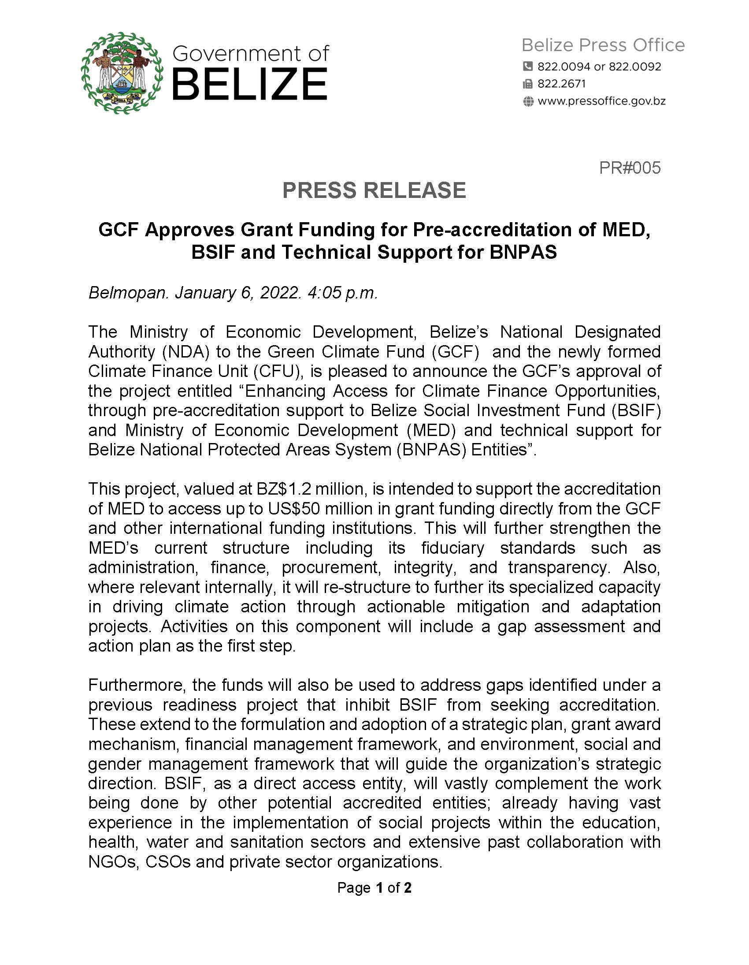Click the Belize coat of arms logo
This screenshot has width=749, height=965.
tap(122, 73)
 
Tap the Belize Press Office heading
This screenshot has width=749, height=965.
tap(603, 45)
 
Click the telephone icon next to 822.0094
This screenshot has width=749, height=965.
tap(527, 66)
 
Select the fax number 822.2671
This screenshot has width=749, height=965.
tap(561, 83)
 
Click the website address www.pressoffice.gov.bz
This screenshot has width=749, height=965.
tap(601, 101)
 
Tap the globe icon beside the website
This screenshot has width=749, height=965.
tap(528, 102)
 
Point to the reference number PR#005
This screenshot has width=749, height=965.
tap(629, 168)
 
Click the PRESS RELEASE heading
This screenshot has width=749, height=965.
tap(374, 190)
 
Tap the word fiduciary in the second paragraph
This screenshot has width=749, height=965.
tap(452, 548)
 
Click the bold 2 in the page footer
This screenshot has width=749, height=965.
tap(407, 888)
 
